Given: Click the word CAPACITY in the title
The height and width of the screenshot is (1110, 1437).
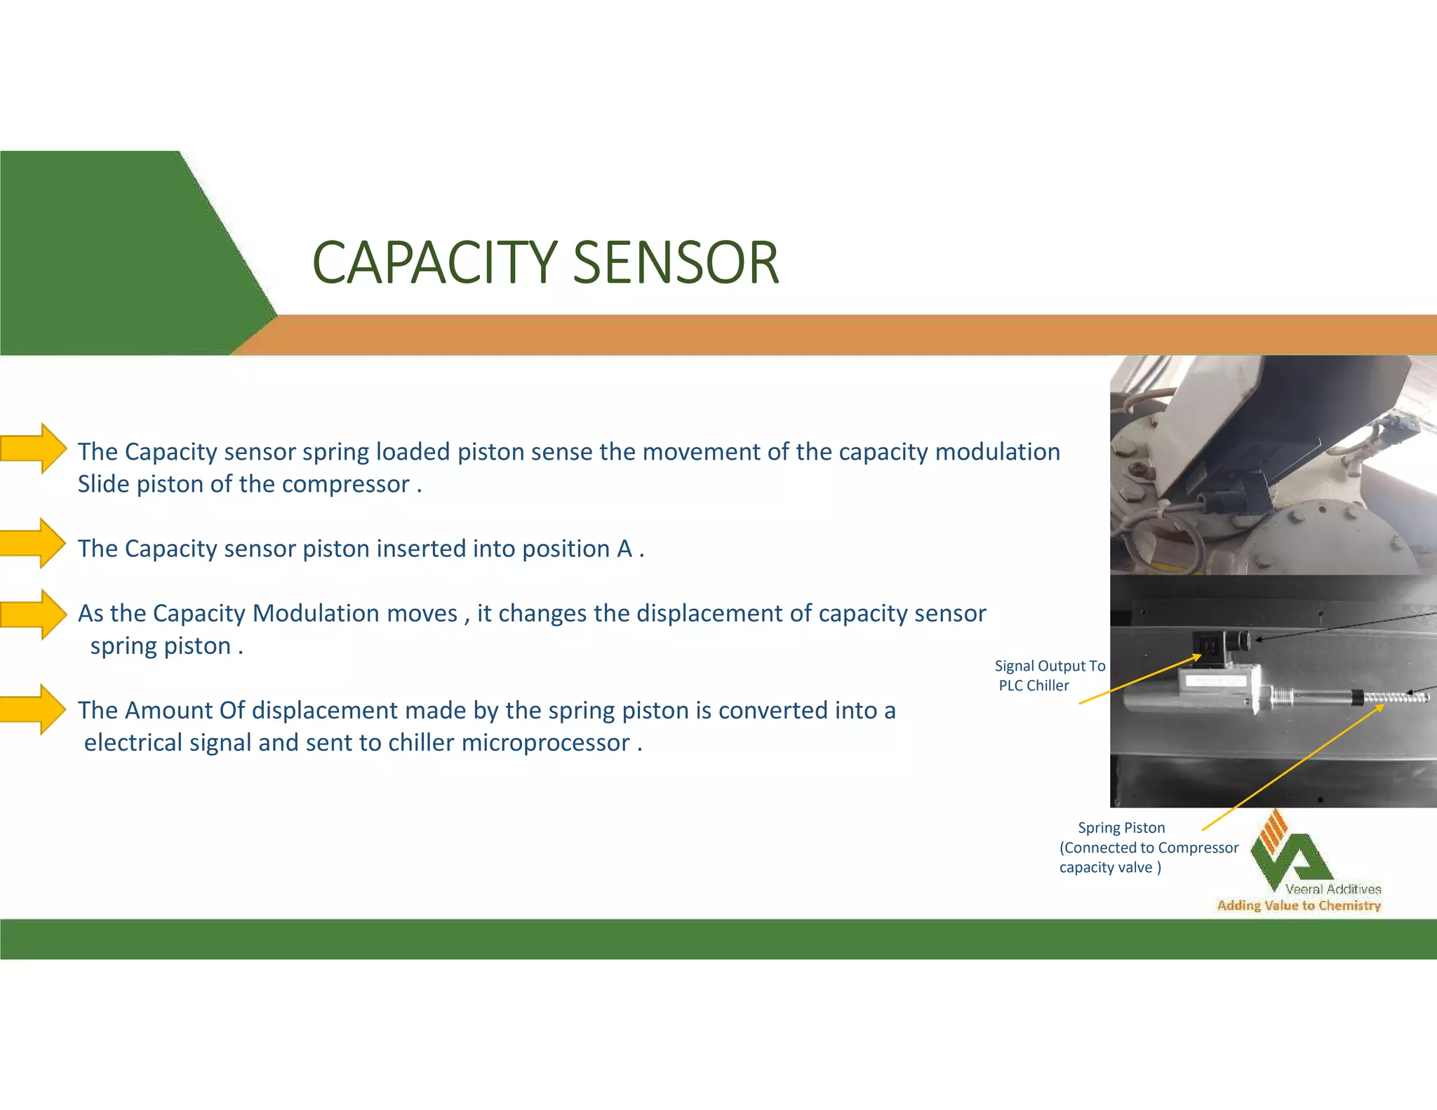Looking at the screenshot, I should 435,263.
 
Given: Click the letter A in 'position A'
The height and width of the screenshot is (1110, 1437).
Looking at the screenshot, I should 624,549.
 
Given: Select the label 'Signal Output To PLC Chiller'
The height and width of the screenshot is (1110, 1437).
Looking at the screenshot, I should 1048,676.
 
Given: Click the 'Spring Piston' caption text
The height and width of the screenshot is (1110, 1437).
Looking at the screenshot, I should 1121,828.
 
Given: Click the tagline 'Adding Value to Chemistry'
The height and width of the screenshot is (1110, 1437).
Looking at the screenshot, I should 1298,906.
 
